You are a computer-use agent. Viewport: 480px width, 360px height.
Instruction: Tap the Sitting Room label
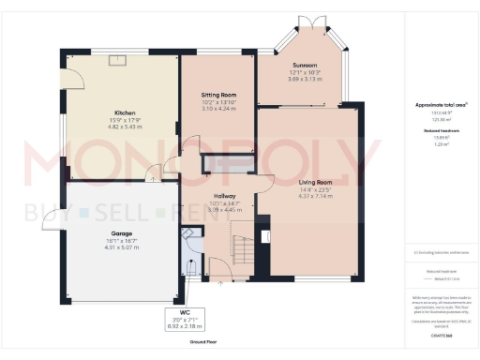point(217,95)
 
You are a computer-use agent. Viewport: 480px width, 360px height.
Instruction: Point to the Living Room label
point(315,182)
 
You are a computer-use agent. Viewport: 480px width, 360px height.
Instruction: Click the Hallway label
point(223,196)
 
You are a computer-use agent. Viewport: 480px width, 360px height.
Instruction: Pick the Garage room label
point(120,234)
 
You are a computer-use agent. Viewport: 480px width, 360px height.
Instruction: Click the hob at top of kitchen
point(118,59)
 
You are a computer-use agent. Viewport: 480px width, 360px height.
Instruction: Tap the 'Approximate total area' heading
point(440,105)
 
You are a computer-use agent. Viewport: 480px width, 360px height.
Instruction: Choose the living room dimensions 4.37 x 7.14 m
point(315,196)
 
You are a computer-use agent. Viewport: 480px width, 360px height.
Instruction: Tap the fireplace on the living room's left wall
point(263,228)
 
